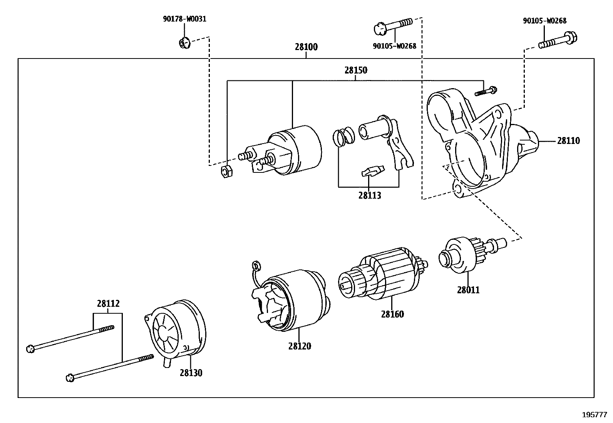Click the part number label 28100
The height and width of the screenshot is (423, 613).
click(x=306, y=47)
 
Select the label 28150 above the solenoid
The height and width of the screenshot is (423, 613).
click(x=355, y=70)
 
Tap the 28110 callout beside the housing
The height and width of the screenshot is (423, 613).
click(x=568, y=141)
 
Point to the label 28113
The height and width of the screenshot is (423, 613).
click(x=369, y=196)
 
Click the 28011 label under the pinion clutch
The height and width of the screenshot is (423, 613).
click(x=468, y=290)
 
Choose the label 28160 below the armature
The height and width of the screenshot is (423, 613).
click(x=392, y=314)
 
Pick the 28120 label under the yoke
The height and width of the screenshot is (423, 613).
click(x=299, y=346)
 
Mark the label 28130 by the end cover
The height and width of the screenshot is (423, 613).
click(x=191, y=373)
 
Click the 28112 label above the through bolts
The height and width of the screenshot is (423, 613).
click(x=108, y=304)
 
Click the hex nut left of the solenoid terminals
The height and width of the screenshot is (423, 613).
click(x=226, y=172)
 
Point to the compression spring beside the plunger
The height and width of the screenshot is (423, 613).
click(x=343, y=137)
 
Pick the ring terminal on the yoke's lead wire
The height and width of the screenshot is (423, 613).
click(x=256, y=265)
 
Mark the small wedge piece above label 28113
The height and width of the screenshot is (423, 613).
click(x=372, y=171)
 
